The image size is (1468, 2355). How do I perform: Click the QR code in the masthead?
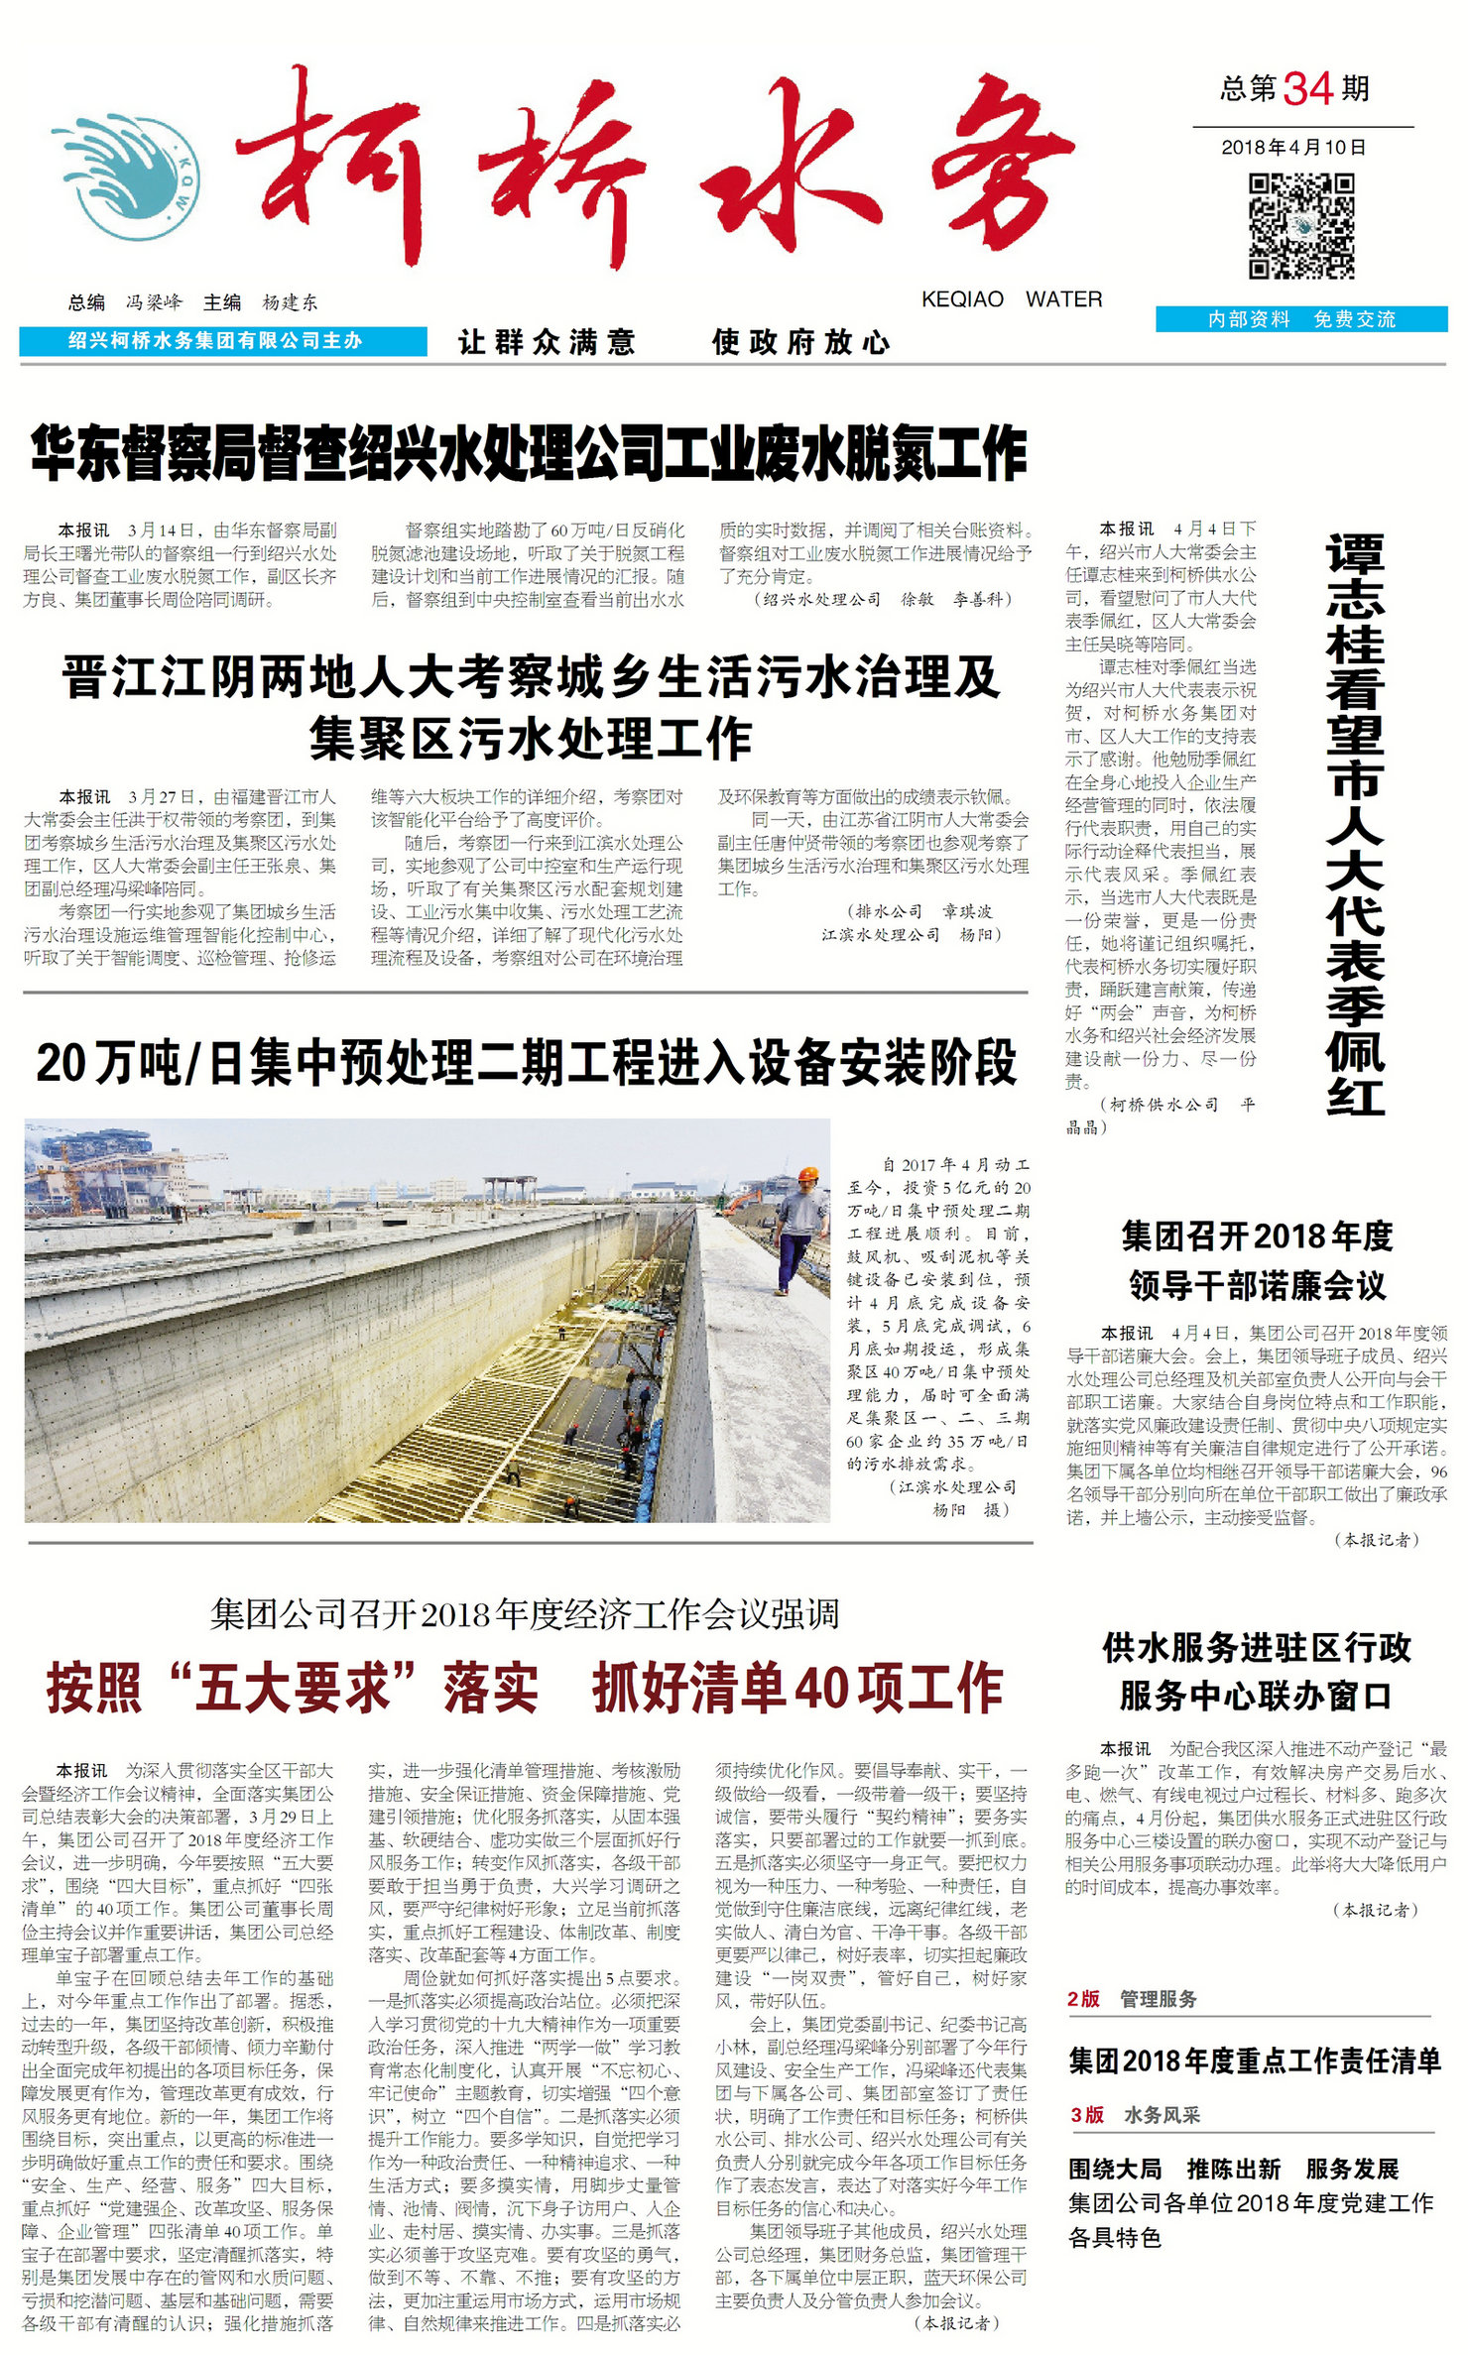tap(1300, 226)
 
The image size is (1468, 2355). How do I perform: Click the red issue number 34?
tap(1307, 89)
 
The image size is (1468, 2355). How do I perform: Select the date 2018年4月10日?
tap(1293, 148)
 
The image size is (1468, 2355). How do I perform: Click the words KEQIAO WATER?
tap(1011, 299)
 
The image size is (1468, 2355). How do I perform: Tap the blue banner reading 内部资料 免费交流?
tap(1300, 319)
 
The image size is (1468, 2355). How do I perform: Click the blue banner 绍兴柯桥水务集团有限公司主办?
tap(222, 341)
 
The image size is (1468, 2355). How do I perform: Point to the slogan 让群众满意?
tap(547, 343)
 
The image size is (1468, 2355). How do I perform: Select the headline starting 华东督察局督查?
tap(529, 454)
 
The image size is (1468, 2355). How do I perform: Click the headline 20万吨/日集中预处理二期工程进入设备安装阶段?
tap(527, 1063)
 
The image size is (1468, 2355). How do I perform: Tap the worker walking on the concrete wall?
tap(799, 1229)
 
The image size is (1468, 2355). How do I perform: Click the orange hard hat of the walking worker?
tap(808, 1175)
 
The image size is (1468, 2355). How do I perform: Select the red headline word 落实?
tap(491, 1689)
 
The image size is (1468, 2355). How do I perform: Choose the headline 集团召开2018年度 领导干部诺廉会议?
tap(1257, 1261)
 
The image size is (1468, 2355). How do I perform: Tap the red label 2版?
tap(1083, 1999)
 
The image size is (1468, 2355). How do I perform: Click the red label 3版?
tap(1087, 2115)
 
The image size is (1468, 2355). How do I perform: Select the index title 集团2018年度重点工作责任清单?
tap(1254, 2062)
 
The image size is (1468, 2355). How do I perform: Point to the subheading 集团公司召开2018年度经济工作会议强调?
tap(525, 1615)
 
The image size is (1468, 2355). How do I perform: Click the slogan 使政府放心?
tap(800, 343)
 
